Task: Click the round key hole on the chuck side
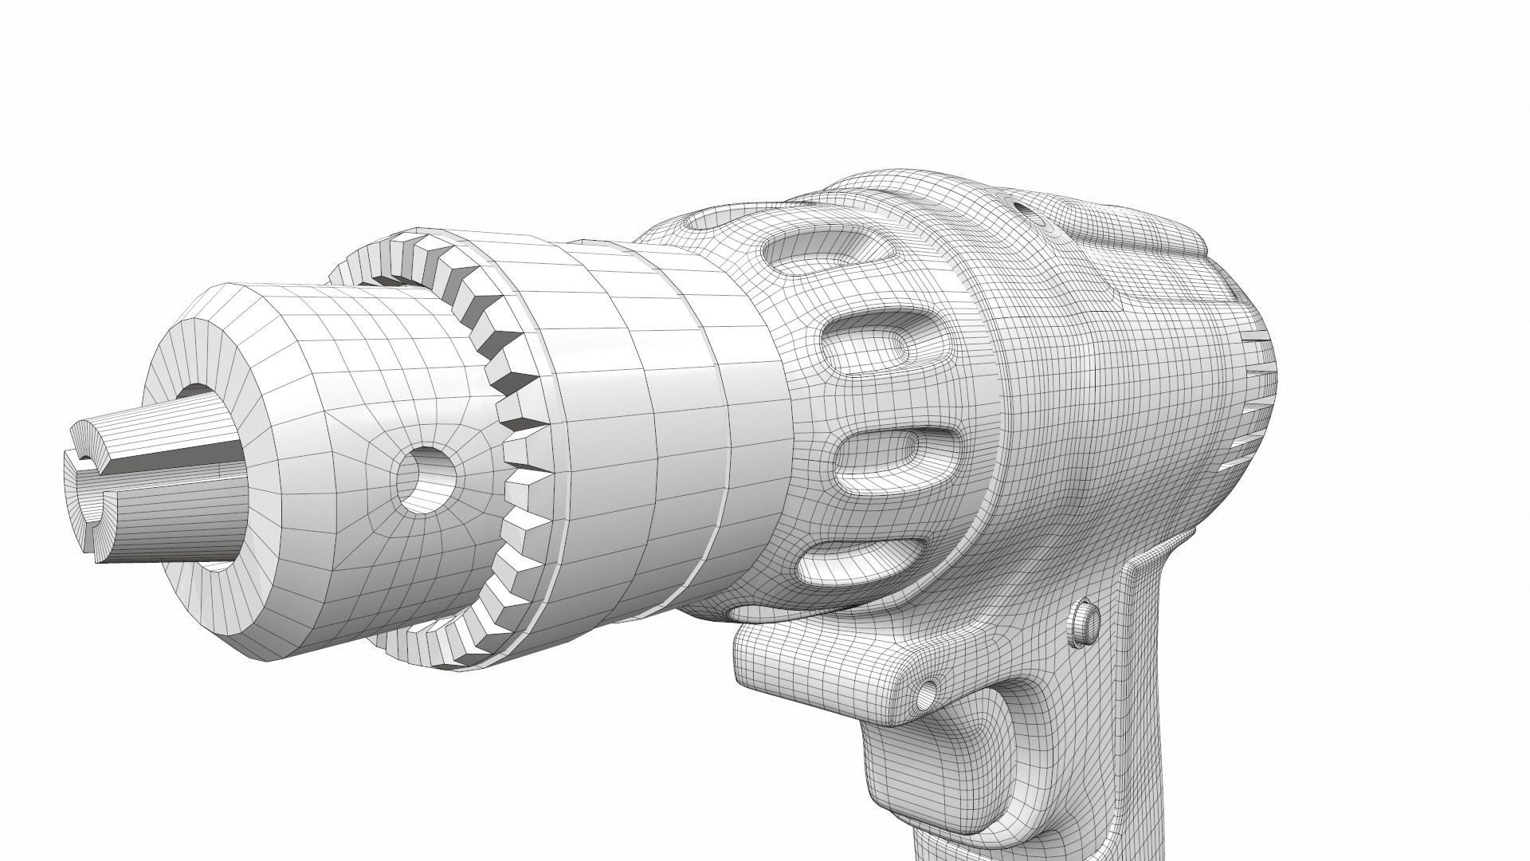[x=426, y=479]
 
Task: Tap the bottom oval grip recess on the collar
[x=861, y=558]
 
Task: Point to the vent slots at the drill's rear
[x=1255, y=415]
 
